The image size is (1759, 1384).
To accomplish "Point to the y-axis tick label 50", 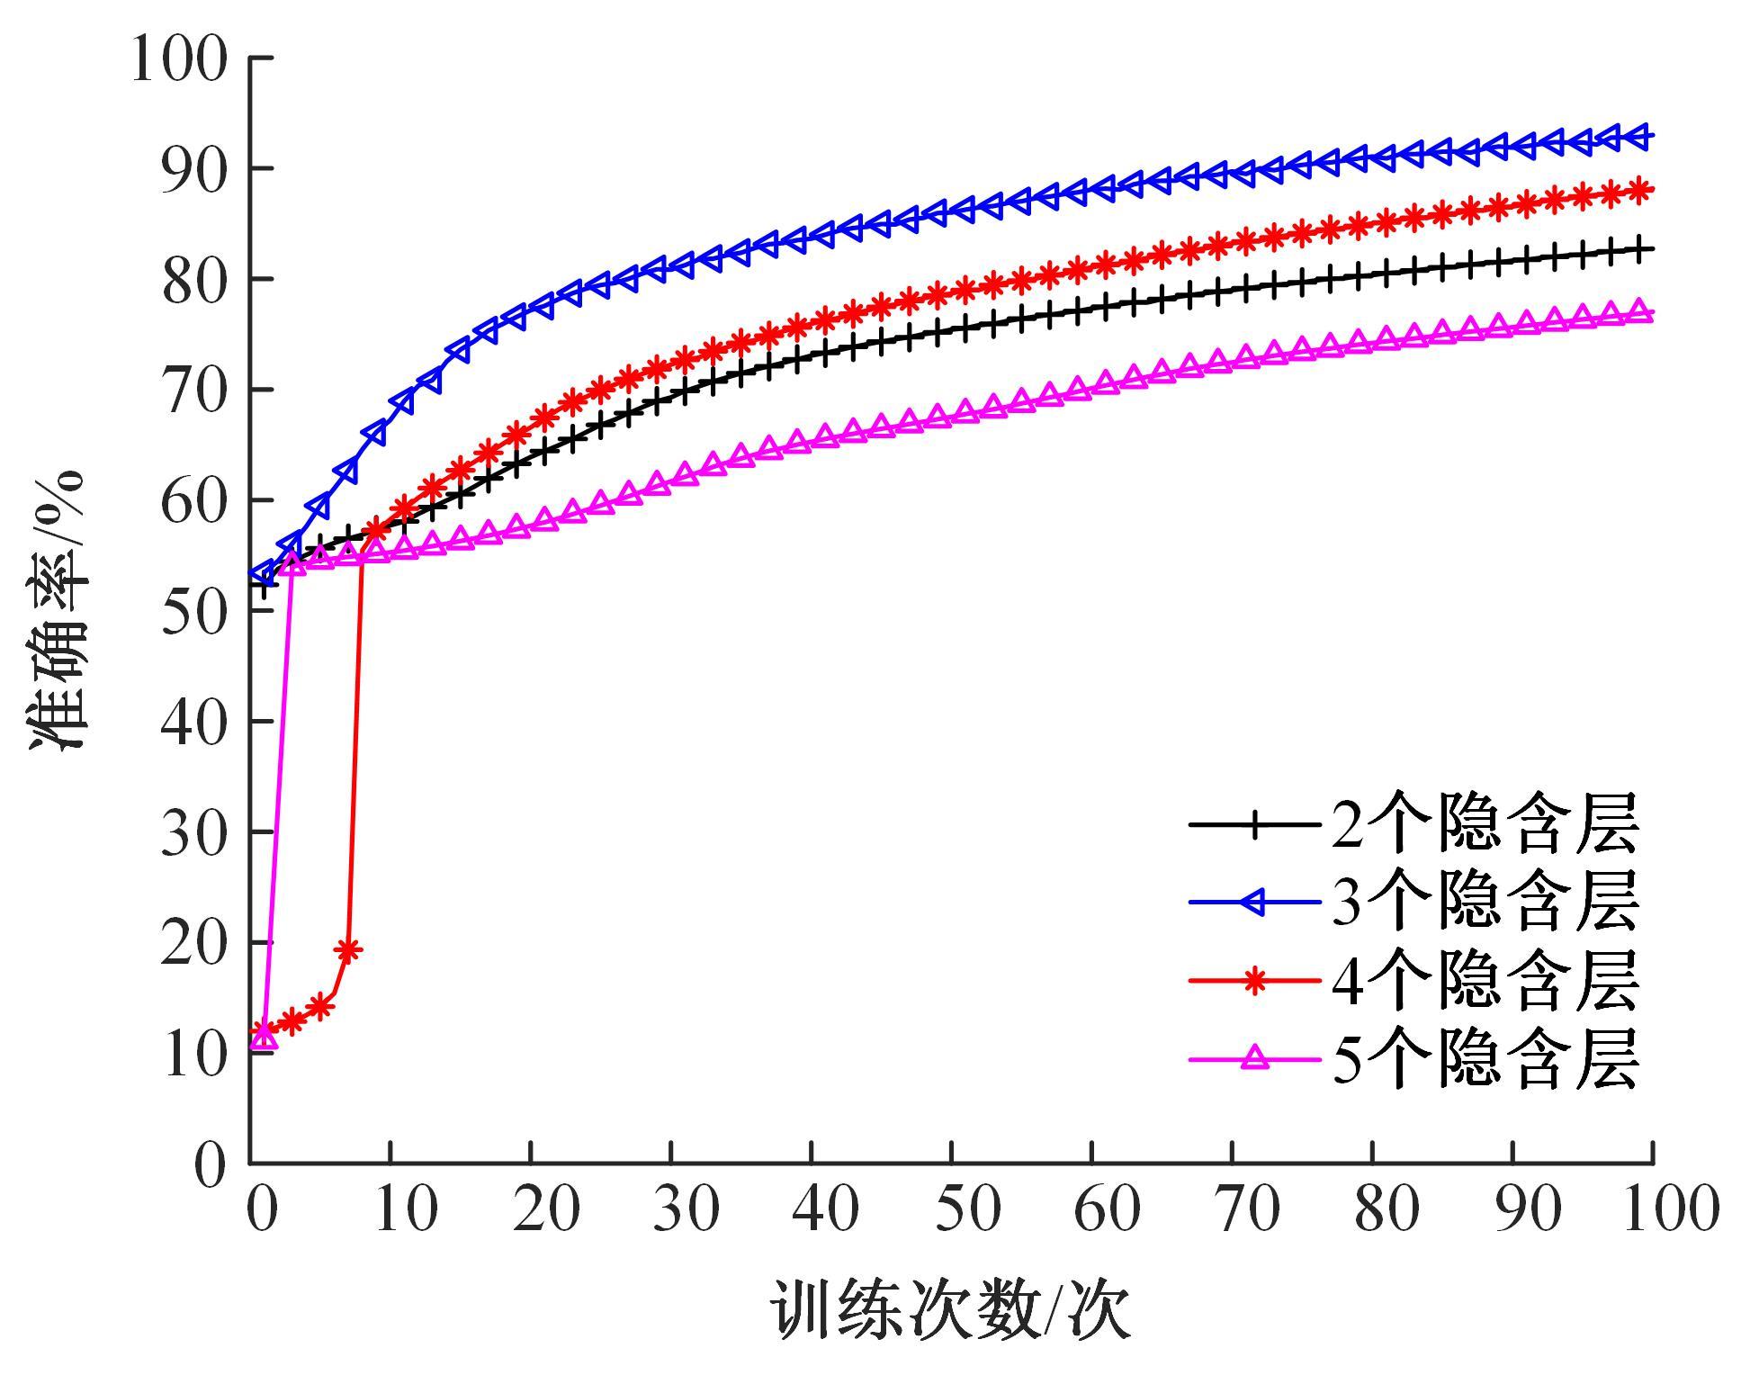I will [x=193, y=612].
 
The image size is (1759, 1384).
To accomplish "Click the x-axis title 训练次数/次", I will [x=951, y=1312].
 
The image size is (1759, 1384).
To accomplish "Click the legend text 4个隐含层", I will [x=1485, y=981].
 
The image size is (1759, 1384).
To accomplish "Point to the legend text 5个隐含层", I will [x=1485, y=1060].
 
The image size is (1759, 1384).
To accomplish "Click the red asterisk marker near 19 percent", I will [x=348, y=950].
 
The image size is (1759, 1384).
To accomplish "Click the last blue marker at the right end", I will [x=1639, y=137].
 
